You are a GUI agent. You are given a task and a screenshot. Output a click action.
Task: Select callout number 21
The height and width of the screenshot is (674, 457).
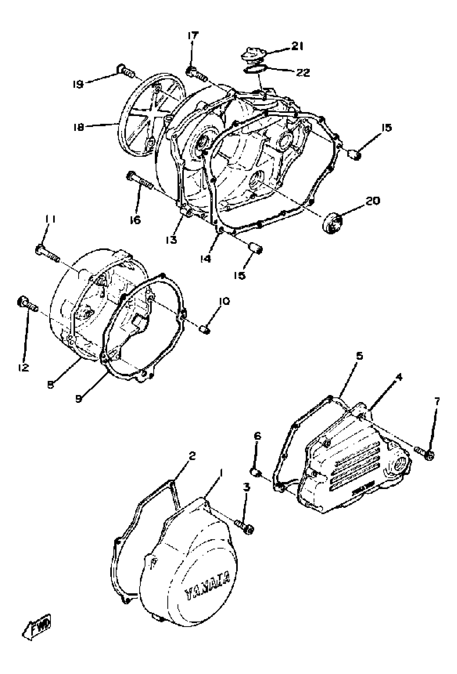(x=297, y=46)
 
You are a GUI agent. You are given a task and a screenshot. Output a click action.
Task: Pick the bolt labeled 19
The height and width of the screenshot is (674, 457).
(x=126, y=71)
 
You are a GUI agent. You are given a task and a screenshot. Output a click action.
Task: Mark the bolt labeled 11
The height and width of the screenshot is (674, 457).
(x=47, y=252)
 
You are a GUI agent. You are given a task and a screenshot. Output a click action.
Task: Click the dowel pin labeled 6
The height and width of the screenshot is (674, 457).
(x=255, y=472)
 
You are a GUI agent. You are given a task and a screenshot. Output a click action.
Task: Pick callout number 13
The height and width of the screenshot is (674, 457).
(x=172, y=240)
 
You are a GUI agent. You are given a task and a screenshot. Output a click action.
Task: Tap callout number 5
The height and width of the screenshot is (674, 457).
(x=359, y=356)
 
